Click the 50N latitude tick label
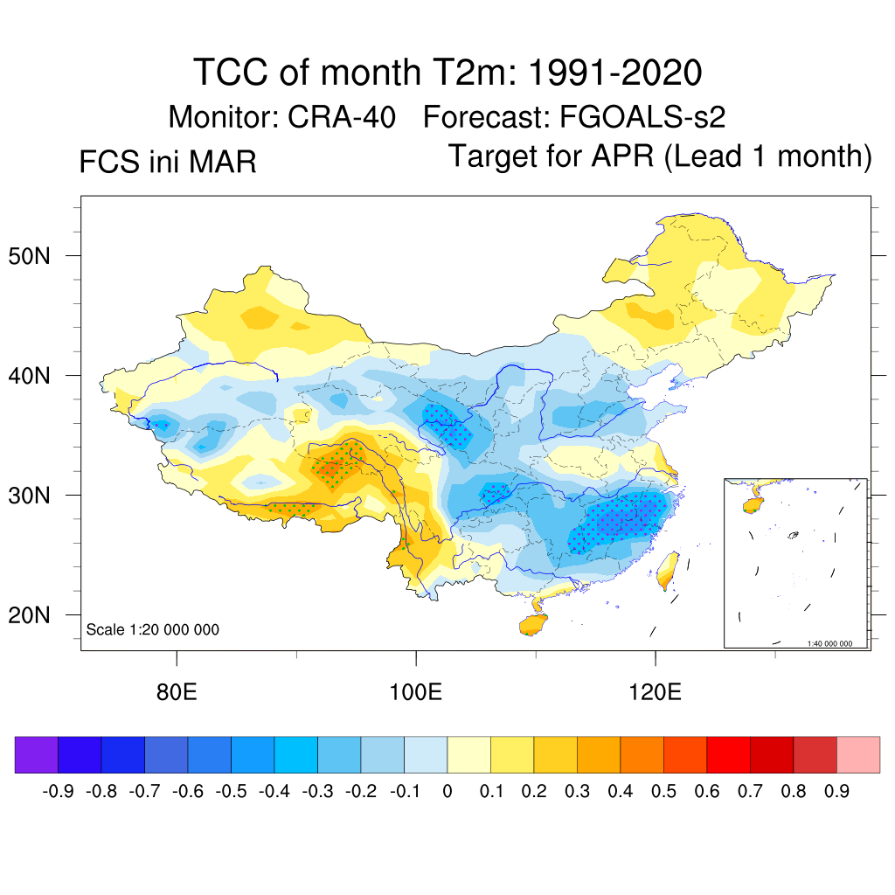(x=38, y=256)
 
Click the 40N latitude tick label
(x=38, y=376)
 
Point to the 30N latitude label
(x=38, y=496)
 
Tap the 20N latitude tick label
(x=38, y=615)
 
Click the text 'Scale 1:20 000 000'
(x=153, y=629)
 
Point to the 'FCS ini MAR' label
(x=168, y=163)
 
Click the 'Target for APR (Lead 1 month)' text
(x=660, y=156)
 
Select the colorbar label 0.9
(x=837, y=792)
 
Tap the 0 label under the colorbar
(x=447, y=792)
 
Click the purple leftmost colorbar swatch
(x=37, y=754)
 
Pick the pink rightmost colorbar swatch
(x=858, y=754)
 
